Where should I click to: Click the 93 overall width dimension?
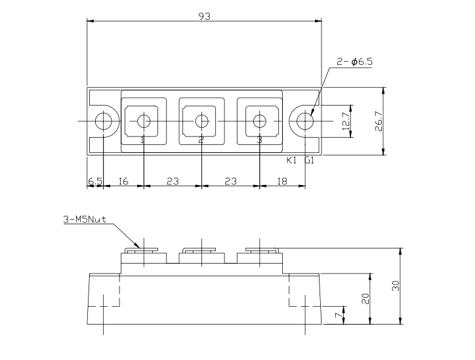coord(204,16)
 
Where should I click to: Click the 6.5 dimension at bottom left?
coord(94,181)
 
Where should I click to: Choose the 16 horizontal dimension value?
coord(123,181)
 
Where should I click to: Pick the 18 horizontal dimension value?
coord(282,181)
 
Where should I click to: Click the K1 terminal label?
coord(292,161)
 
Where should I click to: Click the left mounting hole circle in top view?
coord(103,121)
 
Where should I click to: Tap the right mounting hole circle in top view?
coord(304,121)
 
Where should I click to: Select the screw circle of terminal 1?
coord(144,121)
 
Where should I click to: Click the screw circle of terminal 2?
coord(201,121)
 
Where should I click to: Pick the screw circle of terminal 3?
coord(260,121)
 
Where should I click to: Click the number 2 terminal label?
coord(201,140)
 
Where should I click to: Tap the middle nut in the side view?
coord(201,250)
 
